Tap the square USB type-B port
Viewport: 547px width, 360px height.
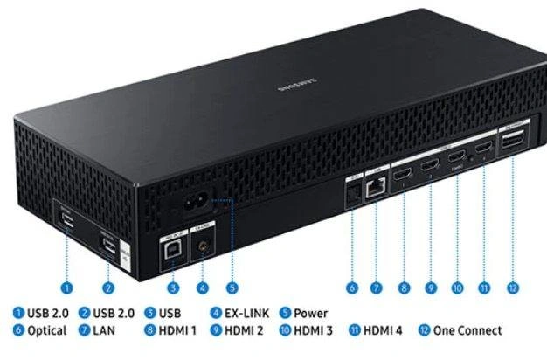click(x=170, y=246)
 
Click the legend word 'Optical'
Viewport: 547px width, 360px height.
click(x=38, y=330)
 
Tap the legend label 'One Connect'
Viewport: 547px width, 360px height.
click(x=471, y=330)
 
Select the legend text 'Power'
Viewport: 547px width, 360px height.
click(x=309, y=313)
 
